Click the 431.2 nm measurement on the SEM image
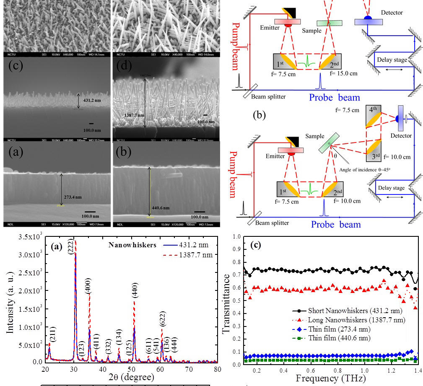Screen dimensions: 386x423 [92, 101]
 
